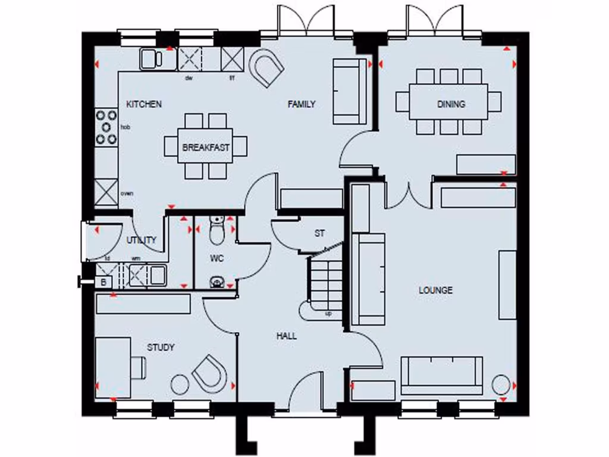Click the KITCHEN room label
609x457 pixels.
[144, 104]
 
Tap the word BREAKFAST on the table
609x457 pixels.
[206, 147]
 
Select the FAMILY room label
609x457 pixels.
[302, 104]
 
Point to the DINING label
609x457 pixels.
[451, 104]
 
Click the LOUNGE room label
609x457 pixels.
[435, 290]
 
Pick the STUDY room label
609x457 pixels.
[161, 347]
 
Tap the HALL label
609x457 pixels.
[286, 336]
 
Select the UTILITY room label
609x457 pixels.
[142, 240]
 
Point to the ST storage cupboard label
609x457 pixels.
[319, 233]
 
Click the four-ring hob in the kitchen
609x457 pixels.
[106, 127]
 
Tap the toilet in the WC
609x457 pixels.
[216, 230]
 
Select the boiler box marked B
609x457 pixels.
[103, 282]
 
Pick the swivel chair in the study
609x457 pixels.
[209, 373]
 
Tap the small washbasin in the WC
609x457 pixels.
[217, 283]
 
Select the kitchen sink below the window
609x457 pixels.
[151, 59]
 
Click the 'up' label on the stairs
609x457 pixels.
[328, 314]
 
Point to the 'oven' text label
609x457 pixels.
[127, 193]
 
